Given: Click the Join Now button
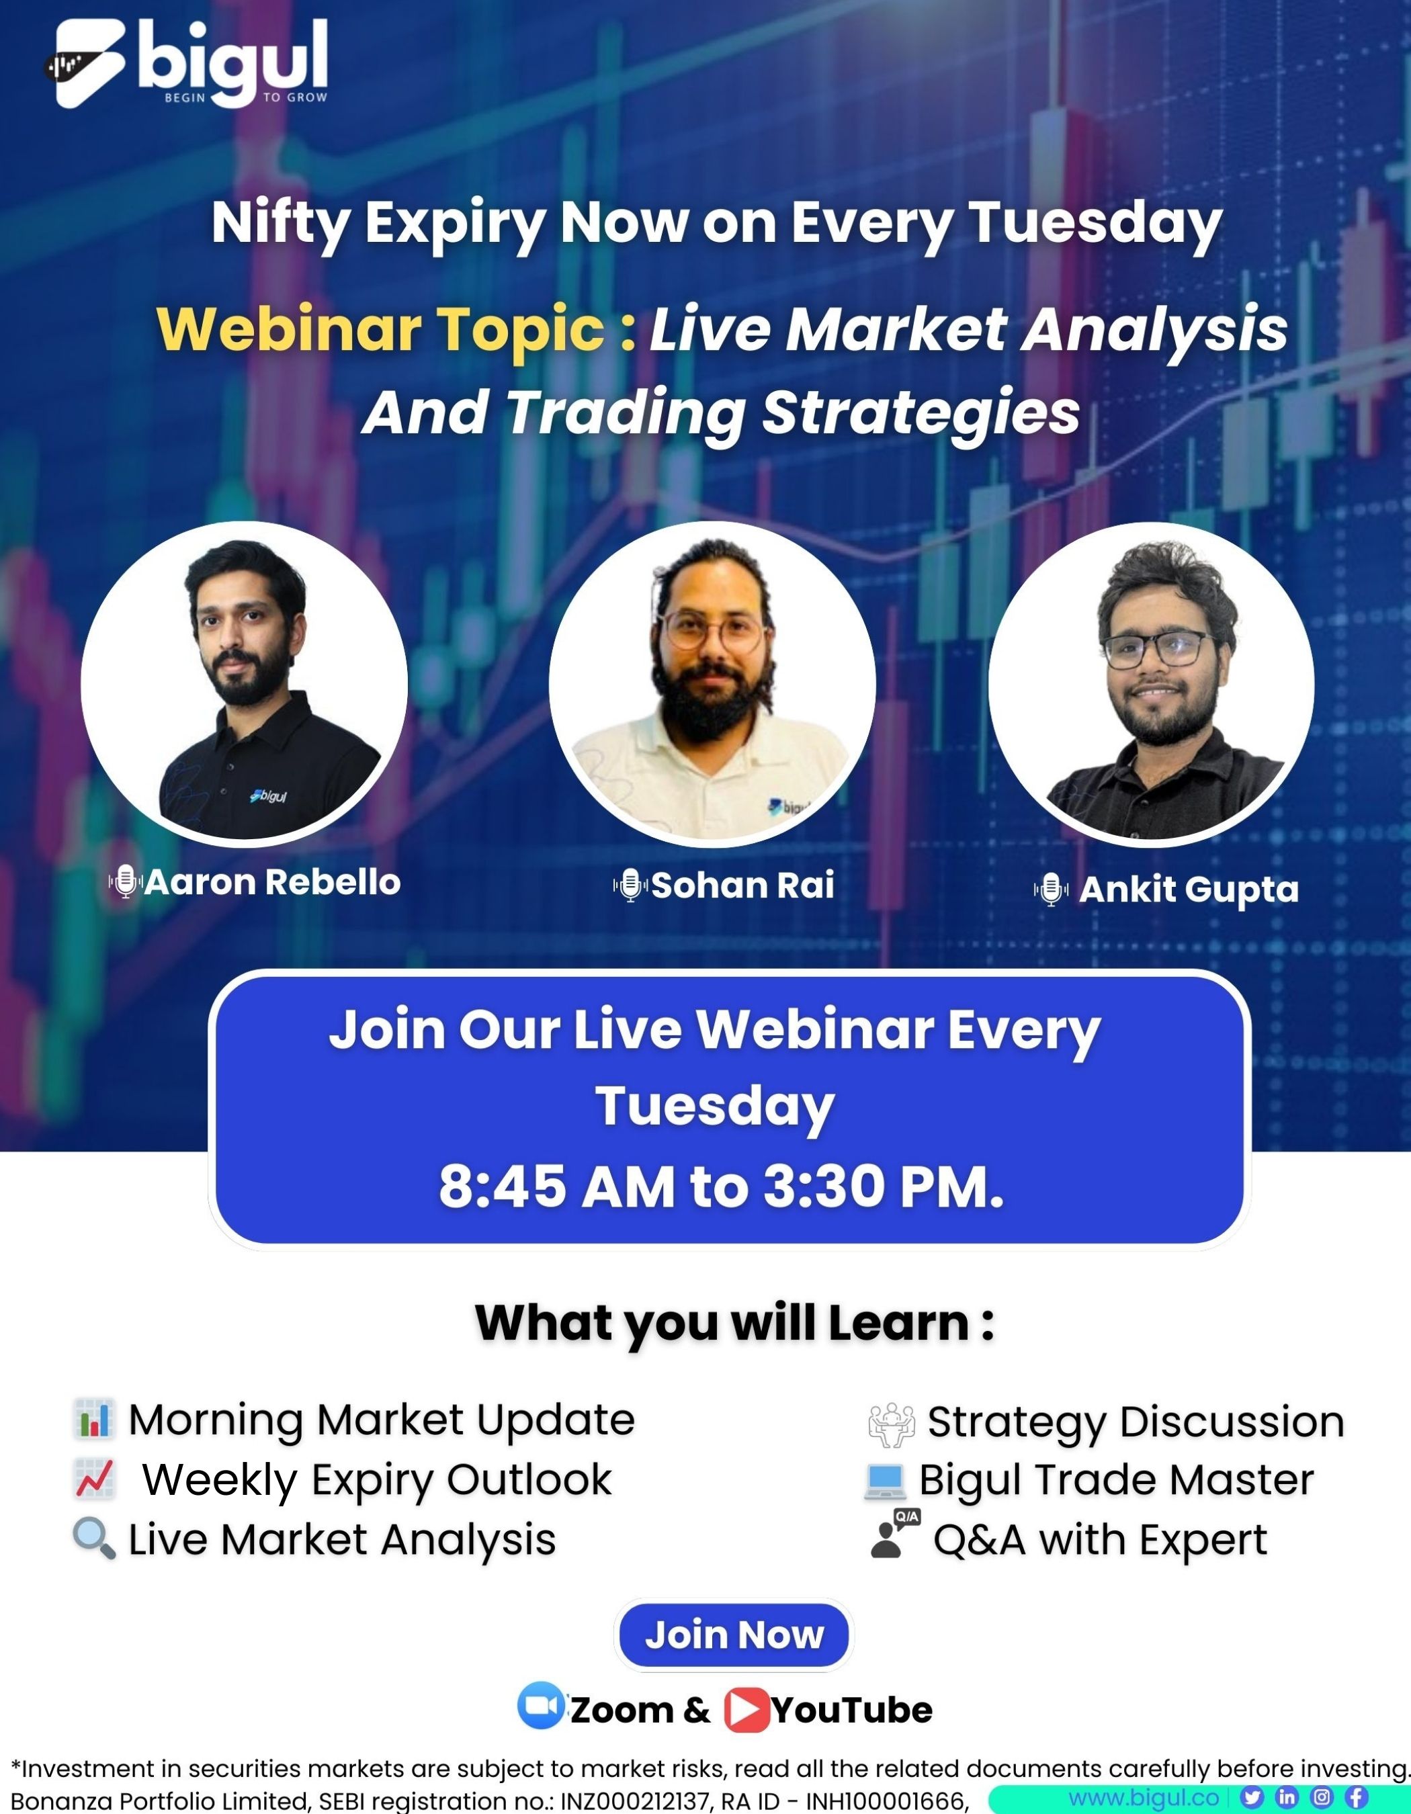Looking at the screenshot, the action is pos(734,1635).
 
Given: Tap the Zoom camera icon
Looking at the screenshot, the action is pos(541,1705).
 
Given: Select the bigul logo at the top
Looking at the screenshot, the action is pos(186,63).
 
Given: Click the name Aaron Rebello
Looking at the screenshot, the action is pos(272,882).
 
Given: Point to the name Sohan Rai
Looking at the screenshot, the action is pos(742,886).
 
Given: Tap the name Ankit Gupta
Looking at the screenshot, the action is pos(1189,890).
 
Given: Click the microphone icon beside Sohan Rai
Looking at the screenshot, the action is pos(630,886).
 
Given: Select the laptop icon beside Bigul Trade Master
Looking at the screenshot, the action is pos(884,1481).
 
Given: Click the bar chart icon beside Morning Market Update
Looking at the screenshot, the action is pos(93,1419).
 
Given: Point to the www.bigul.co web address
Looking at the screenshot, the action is pos(1144,1797).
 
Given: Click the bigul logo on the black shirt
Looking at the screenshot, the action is pos(268,795).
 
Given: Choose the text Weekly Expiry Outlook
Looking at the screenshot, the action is pos(377,1480).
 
